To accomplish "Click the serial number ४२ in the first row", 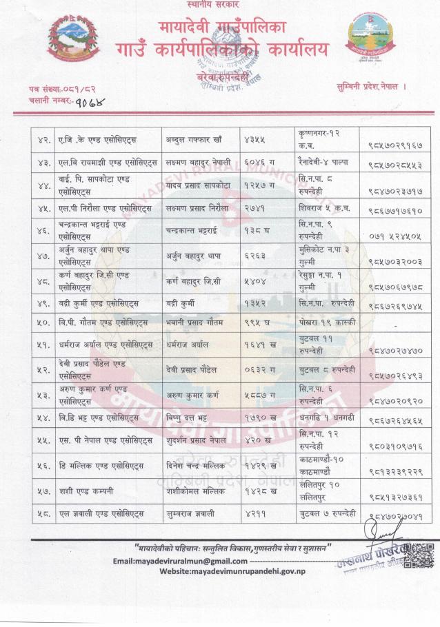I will (x=41, y=141).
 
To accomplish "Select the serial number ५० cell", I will (x=41, y=321).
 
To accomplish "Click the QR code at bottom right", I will (x=419, y=554).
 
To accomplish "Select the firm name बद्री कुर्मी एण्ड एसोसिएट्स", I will (x=99, y=302).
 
